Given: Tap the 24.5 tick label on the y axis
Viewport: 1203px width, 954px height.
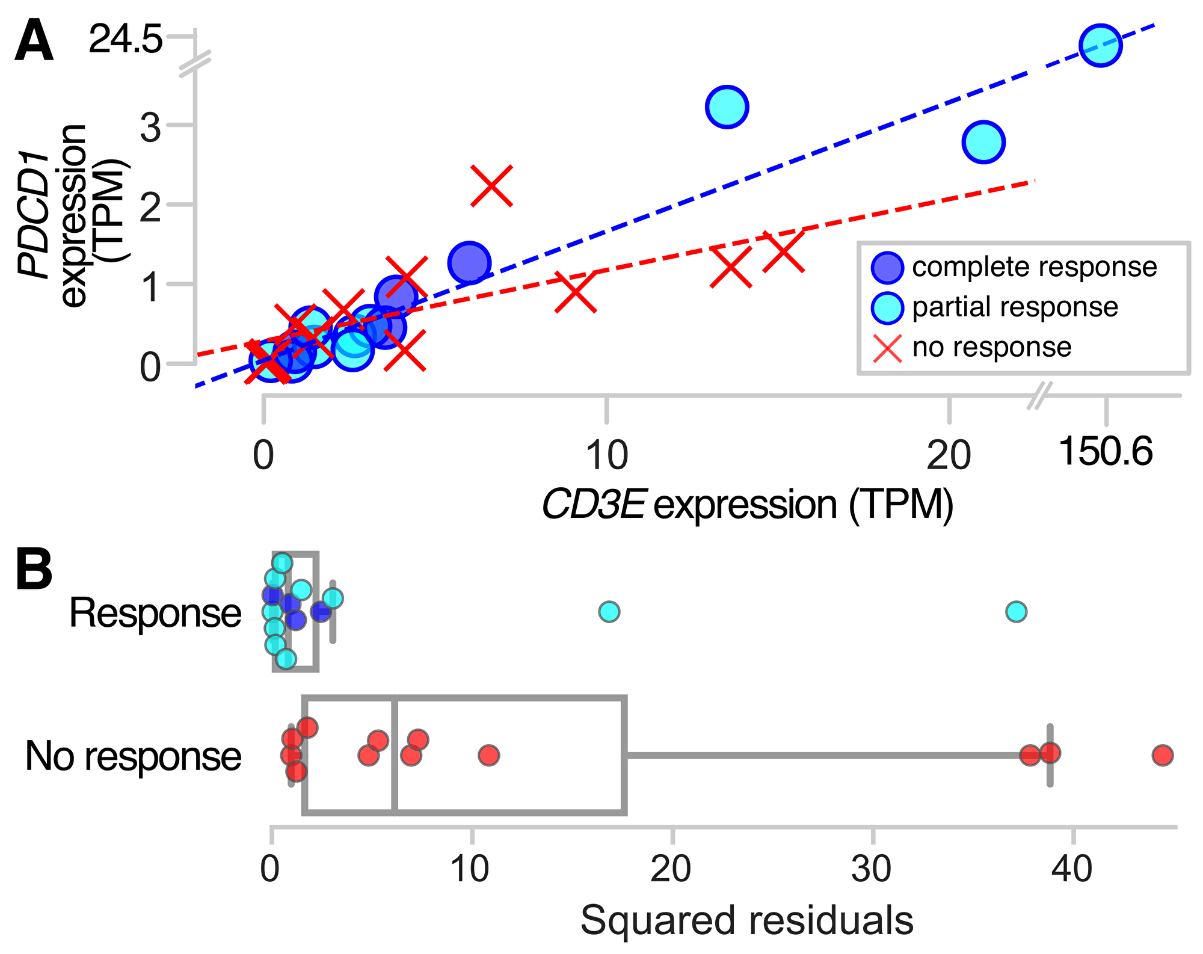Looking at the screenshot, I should tap(125, 40).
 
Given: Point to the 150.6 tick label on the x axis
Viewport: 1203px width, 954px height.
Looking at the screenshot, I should tap(1106, 451).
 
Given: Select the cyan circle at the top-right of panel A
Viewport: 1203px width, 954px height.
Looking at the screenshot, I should tap(1100, 45).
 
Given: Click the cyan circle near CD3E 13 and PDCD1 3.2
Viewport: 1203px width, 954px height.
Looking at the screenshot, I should tap(727, 106).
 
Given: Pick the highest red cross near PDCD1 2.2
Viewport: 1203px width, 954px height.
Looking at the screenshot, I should tap(491, 185).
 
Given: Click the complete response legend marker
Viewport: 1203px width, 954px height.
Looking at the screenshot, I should tap(887, 268).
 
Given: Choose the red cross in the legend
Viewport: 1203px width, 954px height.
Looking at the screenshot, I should tap(887, 348).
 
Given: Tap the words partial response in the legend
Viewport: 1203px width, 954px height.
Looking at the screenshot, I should tap(1015, 307).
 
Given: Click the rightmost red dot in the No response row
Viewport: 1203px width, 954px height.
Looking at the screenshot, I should tap(1163, 754).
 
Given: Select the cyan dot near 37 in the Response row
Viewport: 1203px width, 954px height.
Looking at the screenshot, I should tap(1016, 612).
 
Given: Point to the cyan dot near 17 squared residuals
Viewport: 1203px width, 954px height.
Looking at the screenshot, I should tap(609, 612).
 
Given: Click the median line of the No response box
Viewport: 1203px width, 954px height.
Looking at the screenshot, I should tap(395, 755).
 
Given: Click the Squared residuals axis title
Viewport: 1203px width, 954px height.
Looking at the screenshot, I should tap(746, 920).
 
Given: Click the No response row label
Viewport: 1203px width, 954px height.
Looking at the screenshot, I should tap(133, 756).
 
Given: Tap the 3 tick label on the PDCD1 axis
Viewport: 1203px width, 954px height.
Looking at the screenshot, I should tap(150, 128).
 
